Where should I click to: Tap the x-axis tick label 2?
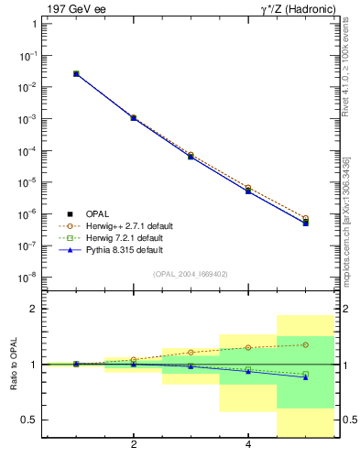pyautogui.click(x=134, y=445)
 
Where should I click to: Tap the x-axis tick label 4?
pyautogui.click(x=248, y=445)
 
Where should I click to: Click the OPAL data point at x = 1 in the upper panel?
pyautogui.click(x=76, y=73)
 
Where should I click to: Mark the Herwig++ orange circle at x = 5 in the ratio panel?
pyautogui.click(x=305, y=344)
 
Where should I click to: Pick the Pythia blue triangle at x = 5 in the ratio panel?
pyautogui.click(x=305, y=377)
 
